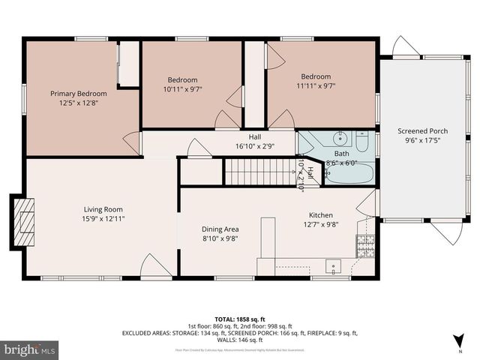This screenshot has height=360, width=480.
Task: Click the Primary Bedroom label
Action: [79, 93]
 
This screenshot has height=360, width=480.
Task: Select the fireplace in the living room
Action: [23, 221]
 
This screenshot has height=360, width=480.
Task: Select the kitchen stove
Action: [364, 244]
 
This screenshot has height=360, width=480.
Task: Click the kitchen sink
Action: [332, 265]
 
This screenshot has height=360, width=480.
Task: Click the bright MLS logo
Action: [30, 349]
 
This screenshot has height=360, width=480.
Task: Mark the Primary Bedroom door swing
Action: [132, 143]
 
